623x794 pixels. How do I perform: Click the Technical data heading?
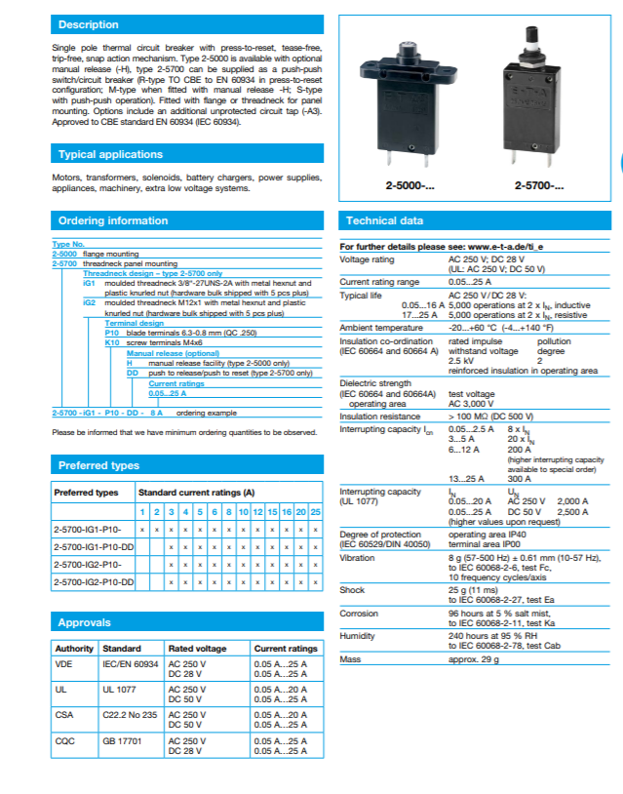384,220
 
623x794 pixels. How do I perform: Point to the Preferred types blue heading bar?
98,465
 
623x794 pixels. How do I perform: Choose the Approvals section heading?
85,622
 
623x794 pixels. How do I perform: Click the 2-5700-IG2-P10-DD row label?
93,581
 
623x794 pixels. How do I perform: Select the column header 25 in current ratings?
315,512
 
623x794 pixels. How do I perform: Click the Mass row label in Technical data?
351,660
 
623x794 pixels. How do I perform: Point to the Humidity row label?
358,634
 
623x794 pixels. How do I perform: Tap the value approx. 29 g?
474,660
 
